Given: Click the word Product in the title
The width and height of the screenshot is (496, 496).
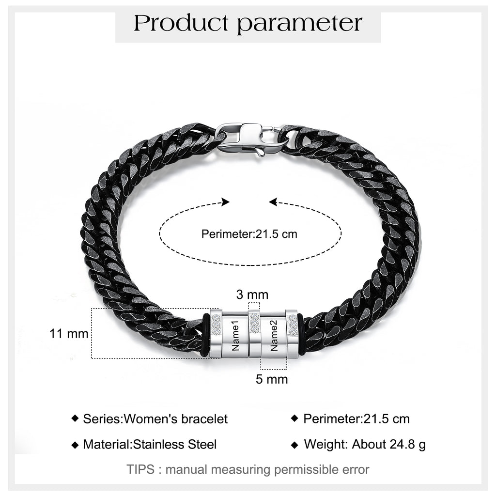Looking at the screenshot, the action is point(181,23).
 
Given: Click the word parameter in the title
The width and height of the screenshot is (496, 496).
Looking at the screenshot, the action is point(299,25).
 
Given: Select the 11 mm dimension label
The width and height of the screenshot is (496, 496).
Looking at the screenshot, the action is point(69,334).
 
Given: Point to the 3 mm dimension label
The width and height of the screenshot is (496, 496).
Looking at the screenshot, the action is point(252,294).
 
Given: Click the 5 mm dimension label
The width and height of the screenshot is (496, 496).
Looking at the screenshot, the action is point(272,379).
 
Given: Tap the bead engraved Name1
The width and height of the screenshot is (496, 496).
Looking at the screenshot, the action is point(235,335).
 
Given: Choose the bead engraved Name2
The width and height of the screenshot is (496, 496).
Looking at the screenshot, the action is point(273,335).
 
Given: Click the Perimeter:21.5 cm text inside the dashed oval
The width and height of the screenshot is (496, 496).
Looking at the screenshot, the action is point(249,234).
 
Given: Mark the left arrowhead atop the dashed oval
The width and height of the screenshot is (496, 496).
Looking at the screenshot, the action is point(226,202).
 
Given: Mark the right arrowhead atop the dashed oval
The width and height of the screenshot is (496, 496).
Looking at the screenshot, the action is point(273,202).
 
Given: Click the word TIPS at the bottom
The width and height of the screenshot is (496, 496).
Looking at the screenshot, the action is point(140,469).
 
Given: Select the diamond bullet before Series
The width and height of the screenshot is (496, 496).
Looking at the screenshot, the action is point(75,418).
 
